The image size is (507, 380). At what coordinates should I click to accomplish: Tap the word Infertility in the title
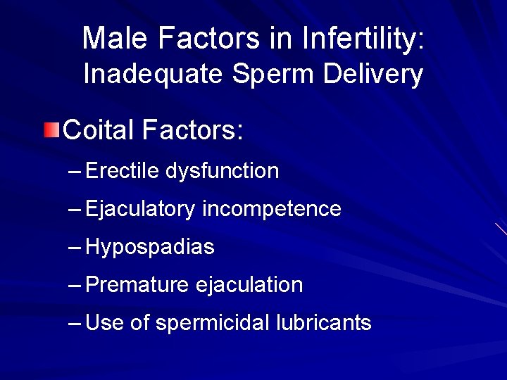point(363,38)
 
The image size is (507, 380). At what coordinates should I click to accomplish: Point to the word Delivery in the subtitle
point(373,75)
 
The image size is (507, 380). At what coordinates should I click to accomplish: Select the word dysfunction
point(223,171)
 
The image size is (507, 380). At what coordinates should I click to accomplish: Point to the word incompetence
point(271,209)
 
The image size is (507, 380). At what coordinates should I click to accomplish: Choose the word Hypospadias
point(149,248)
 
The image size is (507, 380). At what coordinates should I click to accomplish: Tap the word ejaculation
point(249,285)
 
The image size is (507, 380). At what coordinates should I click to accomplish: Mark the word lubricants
point(323,323)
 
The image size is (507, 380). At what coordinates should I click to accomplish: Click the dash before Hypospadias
point(75,248)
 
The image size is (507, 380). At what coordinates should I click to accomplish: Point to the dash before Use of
point(75,324)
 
